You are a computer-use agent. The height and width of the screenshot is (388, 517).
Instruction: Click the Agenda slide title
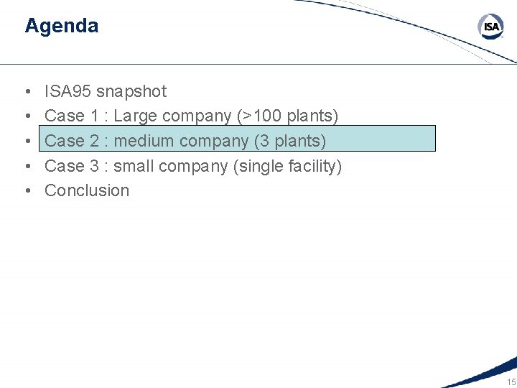pyautogui.click(x=61, y=26)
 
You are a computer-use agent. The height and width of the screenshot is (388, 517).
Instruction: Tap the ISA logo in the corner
pyautogui.click(x=491, y=27)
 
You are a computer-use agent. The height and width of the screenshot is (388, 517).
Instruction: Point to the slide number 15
pyautogui.click(x=511, y=382)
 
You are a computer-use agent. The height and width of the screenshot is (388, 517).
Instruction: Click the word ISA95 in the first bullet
pyautogui.click(x=68, y=91)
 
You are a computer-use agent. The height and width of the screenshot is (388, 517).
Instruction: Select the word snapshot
pyautogui.click(x=131, y=91)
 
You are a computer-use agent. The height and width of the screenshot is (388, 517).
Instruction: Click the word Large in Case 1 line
pyautogui.click(x=135, y=116)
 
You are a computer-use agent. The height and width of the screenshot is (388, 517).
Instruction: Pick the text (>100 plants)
pyautogui.click(x=287, y=116)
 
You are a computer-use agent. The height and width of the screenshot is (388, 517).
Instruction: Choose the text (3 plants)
pyautogui.click(x=289, y=141)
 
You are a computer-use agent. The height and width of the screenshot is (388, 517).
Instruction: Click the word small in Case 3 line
pyautogui.click(x=134, y=166)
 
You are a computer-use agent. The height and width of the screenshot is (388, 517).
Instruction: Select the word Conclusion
pyautogui.click(x=87, y=190)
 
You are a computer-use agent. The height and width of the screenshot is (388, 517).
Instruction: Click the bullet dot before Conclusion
pyautogui.click(x=27, y=191)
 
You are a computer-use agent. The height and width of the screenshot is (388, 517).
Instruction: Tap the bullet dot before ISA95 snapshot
pyautogui.click(x=27, y=92)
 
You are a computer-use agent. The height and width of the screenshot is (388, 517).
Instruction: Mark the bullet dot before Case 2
pyautogui.click(x=27, y=142)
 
